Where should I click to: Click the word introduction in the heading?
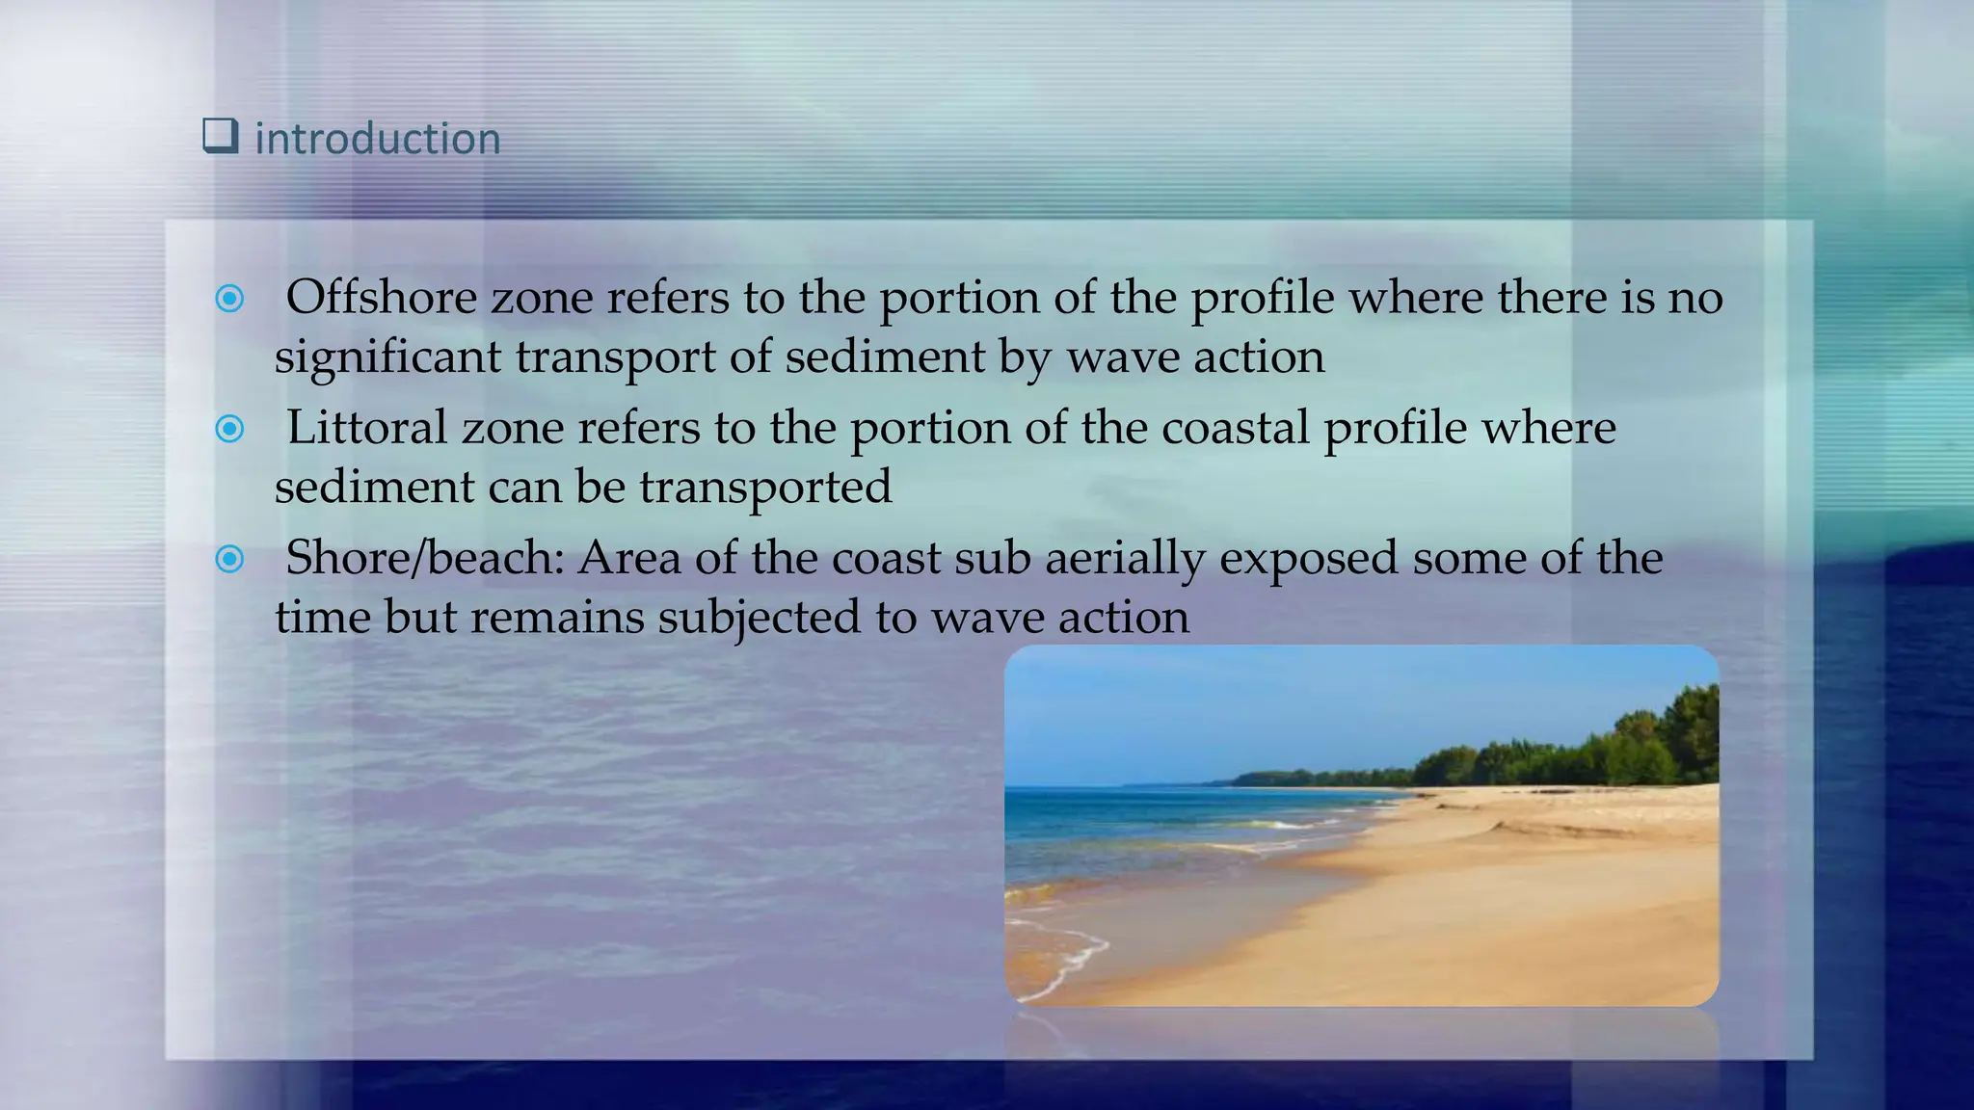pyautogui.click(x=377, y=139)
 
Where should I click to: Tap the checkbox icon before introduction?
pyautogui.click(x=220, y=136)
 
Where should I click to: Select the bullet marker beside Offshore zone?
pyautogui.click(x=229, y=299)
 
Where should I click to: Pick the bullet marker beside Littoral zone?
pyautogui.click(x=229, y=428)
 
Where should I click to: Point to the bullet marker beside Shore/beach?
pyautogui.click(x=229, y=559)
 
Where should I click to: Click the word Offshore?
pyautogui.click(x=381, y=297)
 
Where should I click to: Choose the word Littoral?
pyautogui.click(x=366, y=427)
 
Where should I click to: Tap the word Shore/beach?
pyautogui.click(x=424, y=558)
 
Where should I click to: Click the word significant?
pyautogui.click(x=387, y=357)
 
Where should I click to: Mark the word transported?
pyautogui.click(x=765, y=487)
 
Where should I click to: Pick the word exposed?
pyautogui.click(x=1308, y=558)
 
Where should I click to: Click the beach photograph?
pyautogui.click(x=1361, y=867)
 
